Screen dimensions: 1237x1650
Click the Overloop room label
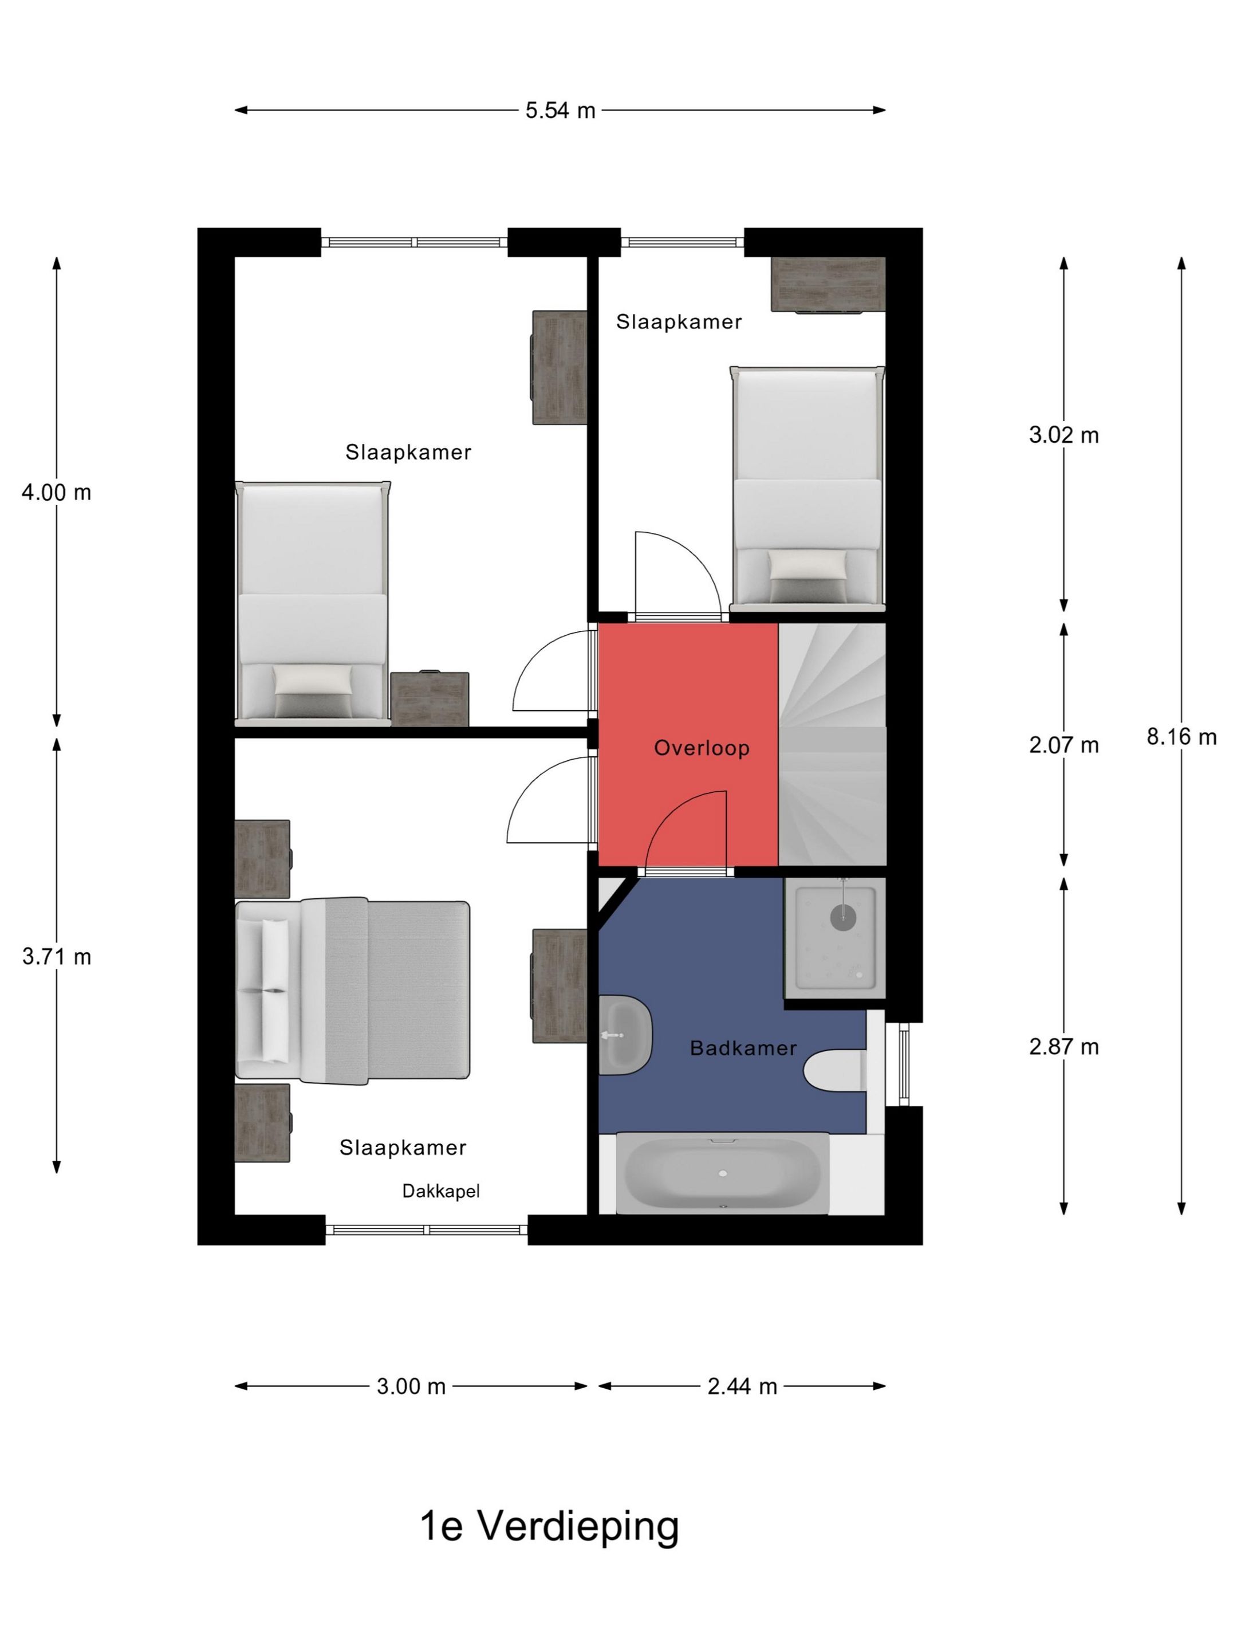click(701, 748)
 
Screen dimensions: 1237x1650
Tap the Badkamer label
click(743, 1047)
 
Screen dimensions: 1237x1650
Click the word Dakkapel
click(440, 1191)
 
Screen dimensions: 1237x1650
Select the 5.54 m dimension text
click(560, 111)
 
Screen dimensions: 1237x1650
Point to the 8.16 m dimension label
click(1181, 736)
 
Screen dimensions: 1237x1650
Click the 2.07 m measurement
click(1063, 744)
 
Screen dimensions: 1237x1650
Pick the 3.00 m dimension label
click(411, 1386)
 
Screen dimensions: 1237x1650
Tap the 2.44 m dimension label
click(742, 1386)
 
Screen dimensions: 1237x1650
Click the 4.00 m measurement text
click(56, 492)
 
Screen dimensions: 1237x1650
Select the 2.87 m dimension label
click(1063, 1047)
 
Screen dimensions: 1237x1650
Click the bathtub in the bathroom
click(722, 1173)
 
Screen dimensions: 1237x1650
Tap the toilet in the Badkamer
click(835, 1070)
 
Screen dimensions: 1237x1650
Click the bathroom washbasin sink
click(625, 1035)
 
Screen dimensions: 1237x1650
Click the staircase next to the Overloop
click(832, 744)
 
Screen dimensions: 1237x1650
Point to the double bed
click(352, 990)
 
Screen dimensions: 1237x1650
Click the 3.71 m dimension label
click(56, 956)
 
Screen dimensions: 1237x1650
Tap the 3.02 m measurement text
click(1063, 435)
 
